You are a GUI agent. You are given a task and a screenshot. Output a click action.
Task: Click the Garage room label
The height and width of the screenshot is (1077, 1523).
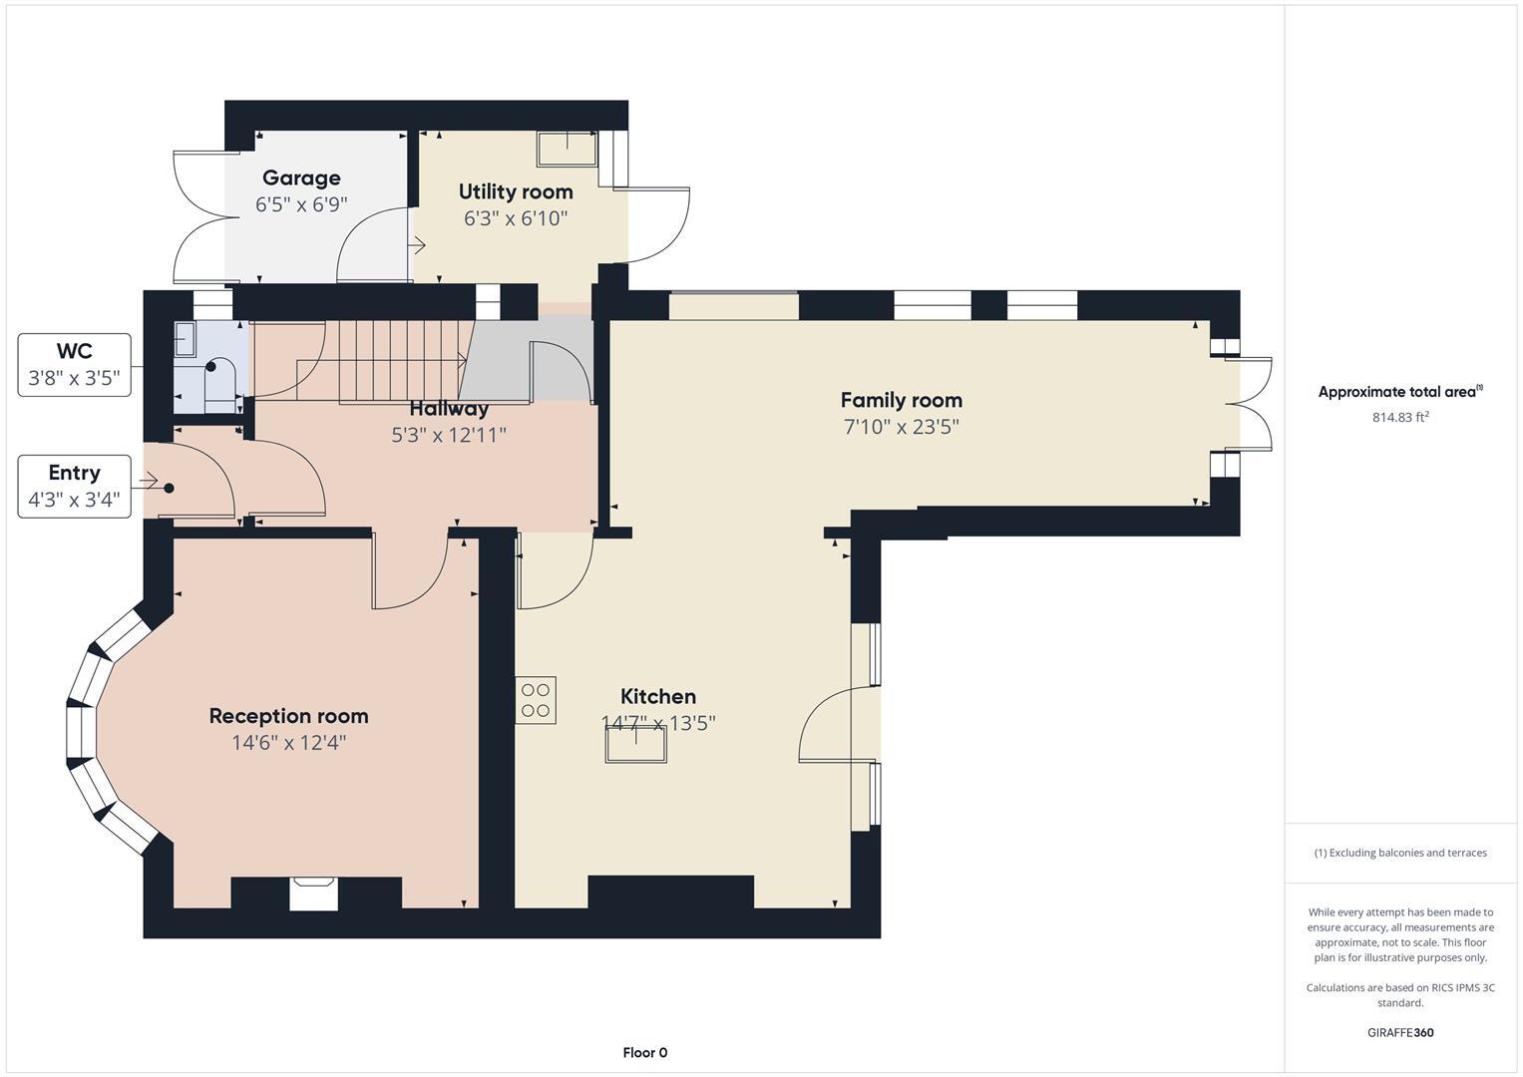[x=301, y=179]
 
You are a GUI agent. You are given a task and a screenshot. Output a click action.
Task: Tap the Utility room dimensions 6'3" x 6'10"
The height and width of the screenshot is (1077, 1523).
[x=515, y=218]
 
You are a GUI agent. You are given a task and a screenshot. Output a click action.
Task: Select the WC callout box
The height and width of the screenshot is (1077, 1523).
[x=75, y=365]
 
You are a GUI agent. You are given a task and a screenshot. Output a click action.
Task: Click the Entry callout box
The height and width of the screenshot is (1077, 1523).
[x=75, y=486]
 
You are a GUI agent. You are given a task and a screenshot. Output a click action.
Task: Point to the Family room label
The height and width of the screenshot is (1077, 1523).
[x=901, y=400]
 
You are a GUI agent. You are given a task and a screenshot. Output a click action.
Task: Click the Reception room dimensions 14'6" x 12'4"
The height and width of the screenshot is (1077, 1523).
[x=288, y=743]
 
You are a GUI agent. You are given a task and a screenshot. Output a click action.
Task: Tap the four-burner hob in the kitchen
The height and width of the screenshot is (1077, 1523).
[x=536, y=700]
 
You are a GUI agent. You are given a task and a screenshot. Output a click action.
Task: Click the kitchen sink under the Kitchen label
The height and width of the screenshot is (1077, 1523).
[x=635, y=744]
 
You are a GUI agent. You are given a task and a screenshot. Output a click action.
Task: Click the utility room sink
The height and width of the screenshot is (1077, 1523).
[x=567, y=149]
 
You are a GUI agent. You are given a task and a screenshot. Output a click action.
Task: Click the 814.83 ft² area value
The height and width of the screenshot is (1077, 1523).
[x=1399, y=418]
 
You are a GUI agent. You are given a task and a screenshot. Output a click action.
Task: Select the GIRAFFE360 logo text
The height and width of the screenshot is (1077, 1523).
[x=1399, y=1033]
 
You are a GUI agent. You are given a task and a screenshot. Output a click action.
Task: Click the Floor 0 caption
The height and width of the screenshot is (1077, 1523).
[x=644, y=1053]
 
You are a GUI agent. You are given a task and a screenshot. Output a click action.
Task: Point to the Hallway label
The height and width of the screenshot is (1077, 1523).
[x=449, y=409]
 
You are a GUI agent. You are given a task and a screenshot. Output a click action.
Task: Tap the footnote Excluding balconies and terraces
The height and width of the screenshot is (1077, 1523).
[x=1399, y=853]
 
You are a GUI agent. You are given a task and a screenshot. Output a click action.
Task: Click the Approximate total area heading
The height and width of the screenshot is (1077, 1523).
[x=1399, y=392]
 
